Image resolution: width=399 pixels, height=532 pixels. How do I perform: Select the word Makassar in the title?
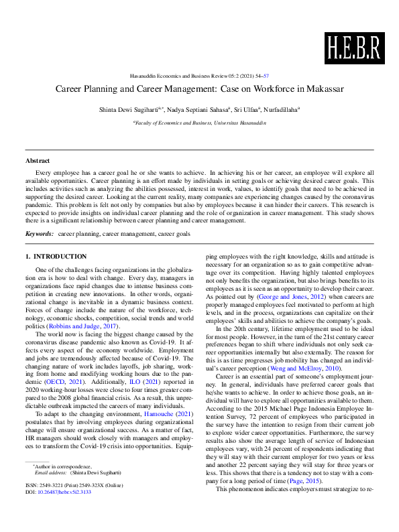(325, 89)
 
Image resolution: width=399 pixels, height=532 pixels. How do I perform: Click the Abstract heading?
(37, 161)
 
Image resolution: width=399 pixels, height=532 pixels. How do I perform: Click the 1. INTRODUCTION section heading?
(56, 257)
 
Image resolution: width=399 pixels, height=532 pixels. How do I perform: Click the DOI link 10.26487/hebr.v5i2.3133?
(67, 511)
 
